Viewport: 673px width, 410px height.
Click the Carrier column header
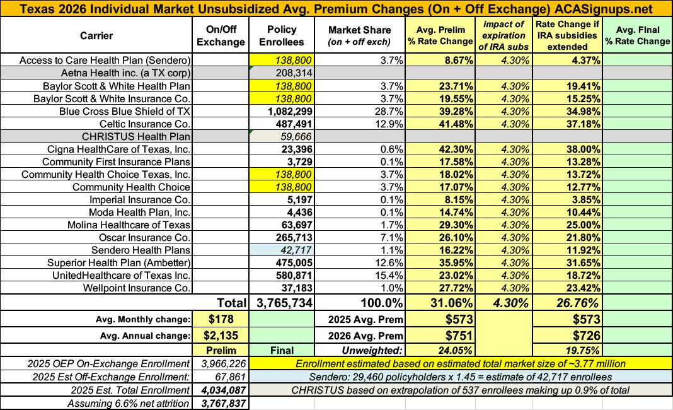pos(96,35)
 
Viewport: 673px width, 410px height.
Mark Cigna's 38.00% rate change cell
pos(577,149)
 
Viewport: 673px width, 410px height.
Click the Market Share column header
pos(360,35)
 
